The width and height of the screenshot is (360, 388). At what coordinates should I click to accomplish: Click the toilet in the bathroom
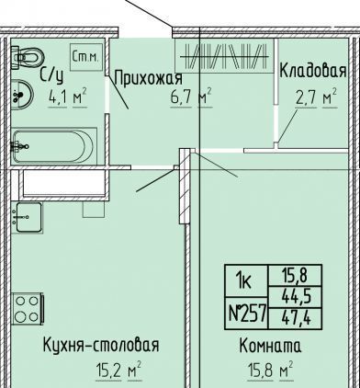[x=28, y=57]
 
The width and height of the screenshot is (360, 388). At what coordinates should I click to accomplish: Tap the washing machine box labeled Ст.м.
[x=86, y=57]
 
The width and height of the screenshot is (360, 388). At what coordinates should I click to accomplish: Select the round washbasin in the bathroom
[x=22, y=95]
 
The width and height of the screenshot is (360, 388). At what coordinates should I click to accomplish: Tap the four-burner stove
[x=28, y=309]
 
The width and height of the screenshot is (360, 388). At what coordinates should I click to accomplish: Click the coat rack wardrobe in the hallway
[x=224, y=56]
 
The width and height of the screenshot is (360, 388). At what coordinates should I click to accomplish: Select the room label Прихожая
[x=149, y=78]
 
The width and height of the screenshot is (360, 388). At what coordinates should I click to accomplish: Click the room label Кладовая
[x=313, y=71]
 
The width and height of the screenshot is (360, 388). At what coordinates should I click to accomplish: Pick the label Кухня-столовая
[x=101, y=346]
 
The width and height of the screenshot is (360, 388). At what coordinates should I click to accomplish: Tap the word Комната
[x=270, y=346]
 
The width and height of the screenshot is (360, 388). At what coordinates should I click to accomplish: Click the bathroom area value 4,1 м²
[x=68, y=97]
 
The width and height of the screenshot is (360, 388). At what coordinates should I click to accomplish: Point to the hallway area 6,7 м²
[x=192, y=97]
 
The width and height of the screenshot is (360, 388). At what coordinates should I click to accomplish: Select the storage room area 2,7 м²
[x=316, y=97]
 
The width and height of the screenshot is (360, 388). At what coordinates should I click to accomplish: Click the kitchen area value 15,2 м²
[x=118, y=371]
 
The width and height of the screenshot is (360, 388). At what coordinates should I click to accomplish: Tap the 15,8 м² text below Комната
[x=270, y=371]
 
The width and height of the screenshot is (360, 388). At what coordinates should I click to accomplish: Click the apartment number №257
[x=246, y=314]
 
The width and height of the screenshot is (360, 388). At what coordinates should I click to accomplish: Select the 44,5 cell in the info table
[x=295, y=297]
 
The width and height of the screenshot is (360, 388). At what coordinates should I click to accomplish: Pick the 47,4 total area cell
[x=295, y=319]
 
